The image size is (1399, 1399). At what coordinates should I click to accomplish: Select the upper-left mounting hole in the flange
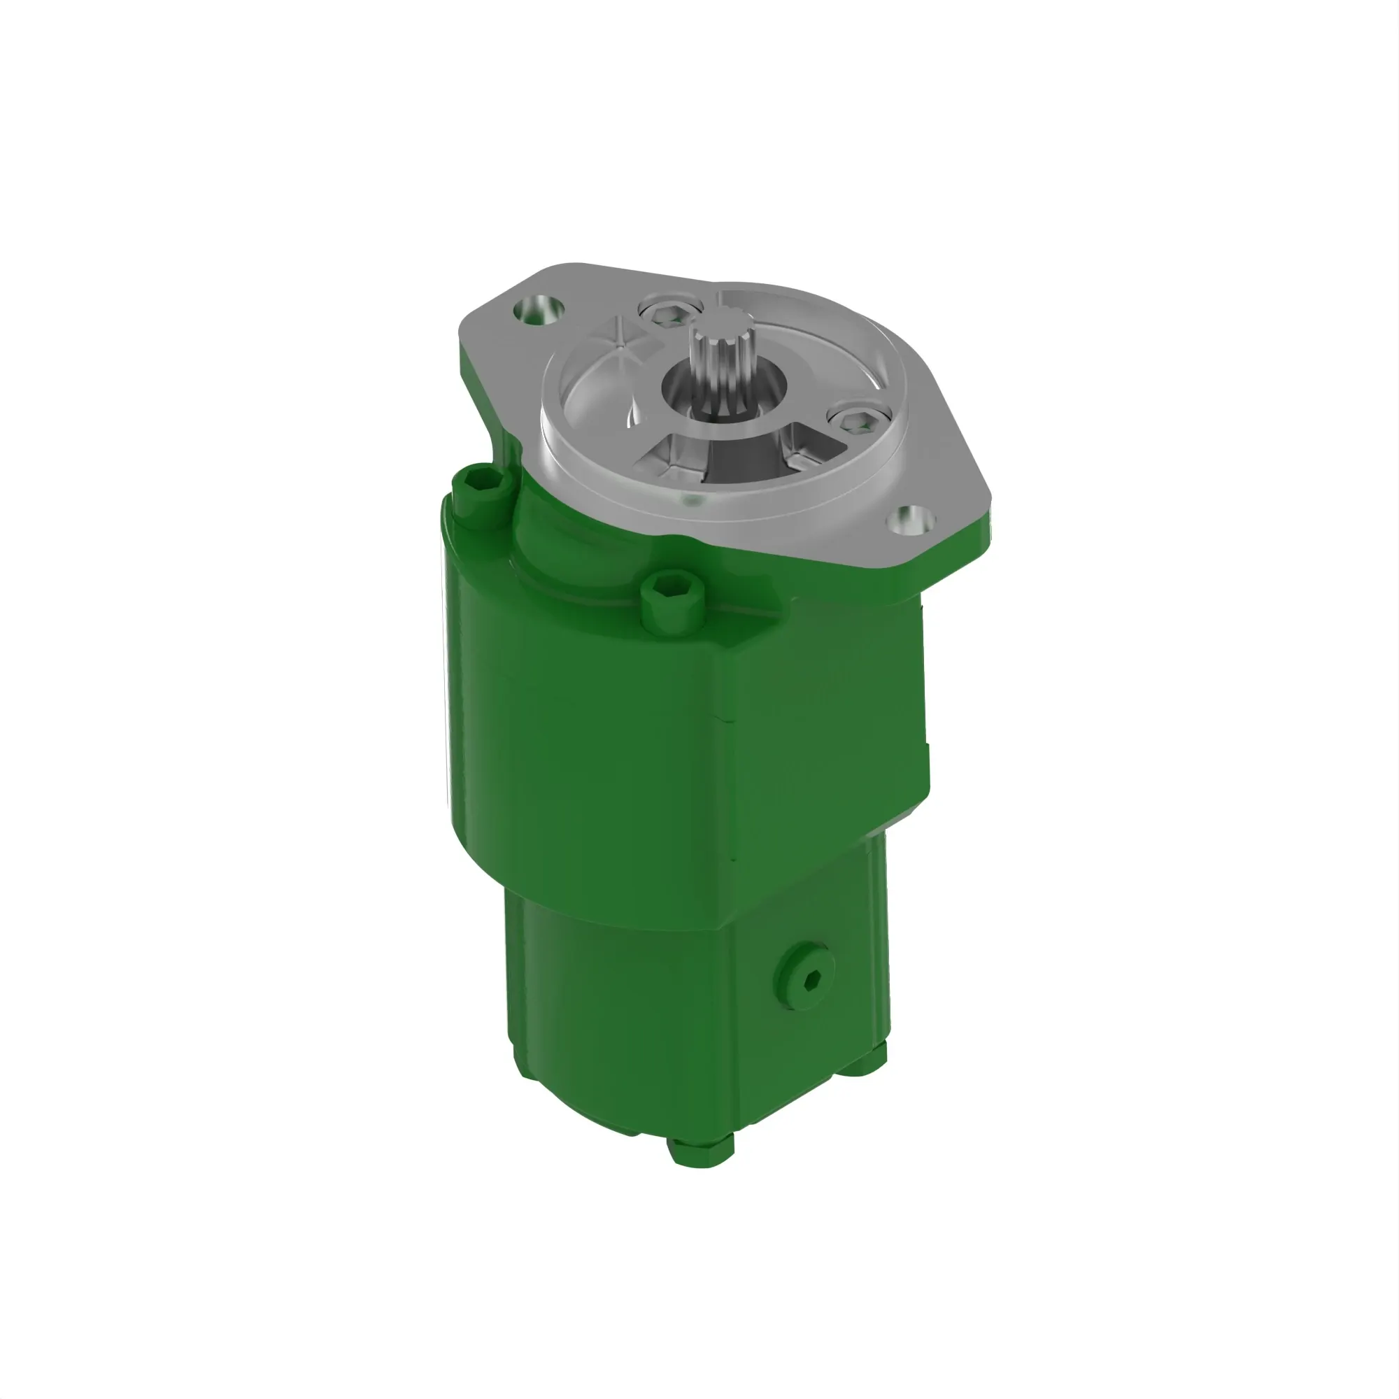[539, 310]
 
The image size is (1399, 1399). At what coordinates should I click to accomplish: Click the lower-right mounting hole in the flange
[911, 520]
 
